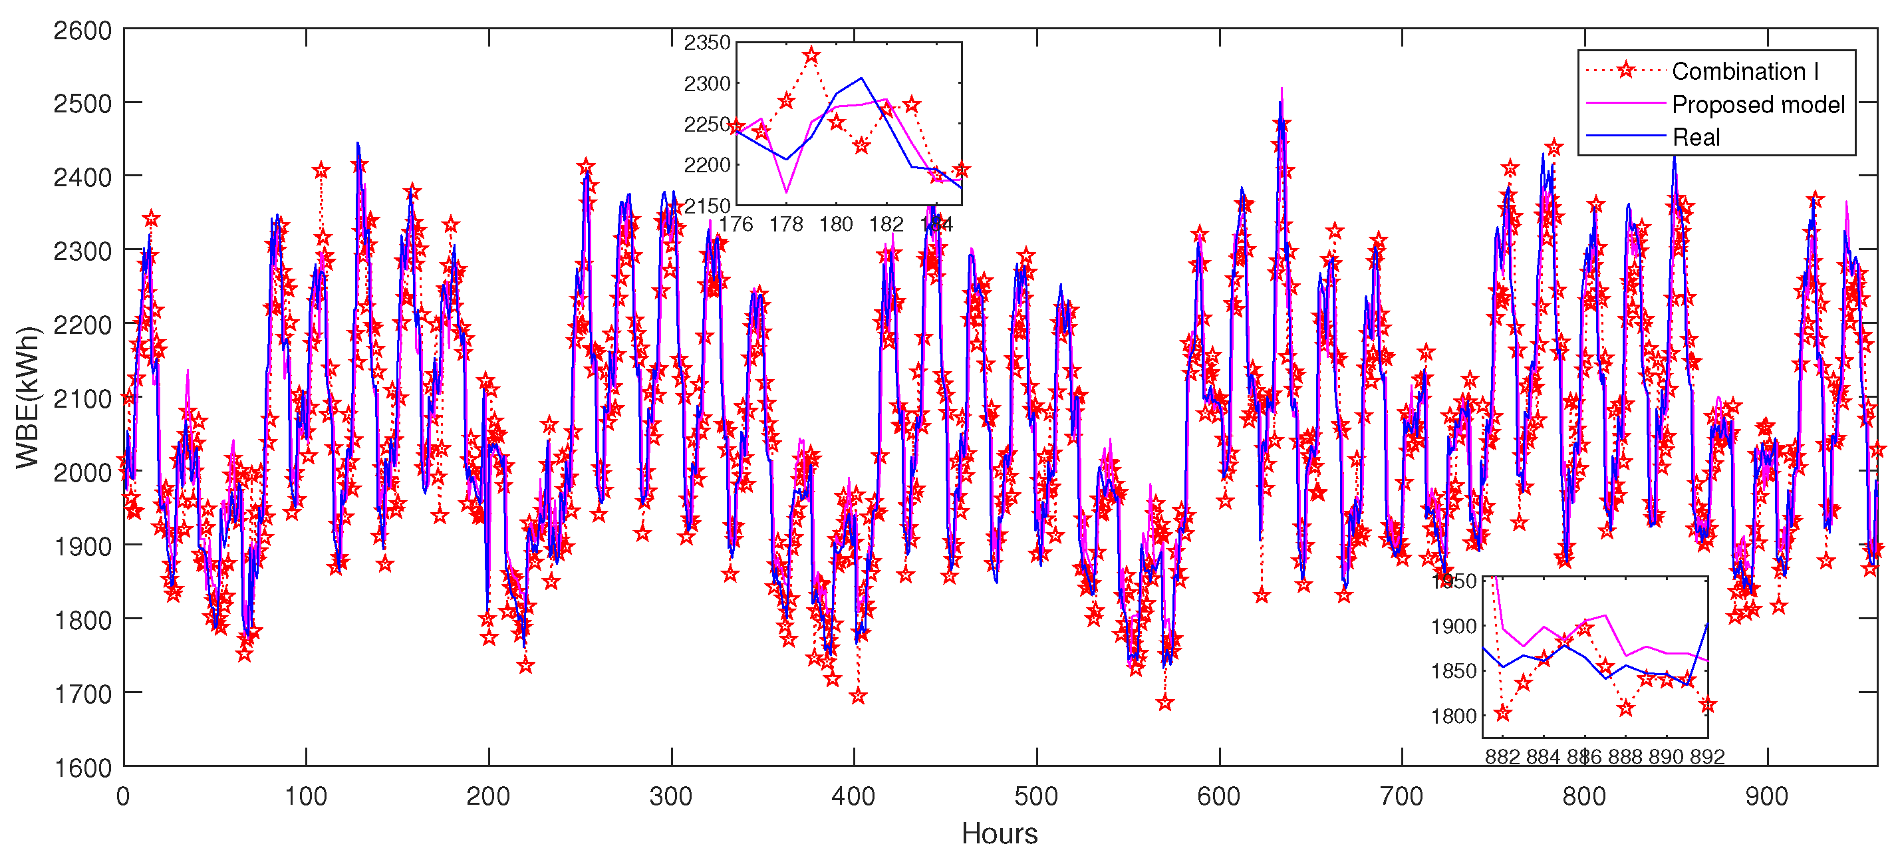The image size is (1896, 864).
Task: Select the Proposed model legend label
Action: [x=1758, y=104]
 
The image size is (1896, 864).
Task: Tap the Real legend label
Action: [x=1696, y=138]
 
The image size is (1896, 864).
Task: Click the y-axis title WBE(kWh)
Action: [x=27, y=397]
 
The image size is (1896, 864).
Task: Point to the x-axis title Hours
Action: [x=999, y=834]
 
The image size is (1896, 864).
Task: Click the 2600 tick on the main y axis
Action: [x=82, y=31]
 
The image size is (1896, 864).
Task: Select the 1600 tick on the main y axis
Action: [x=82, y=768]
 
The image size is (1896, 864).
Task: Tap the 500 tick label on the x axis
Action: [x=1036, y=796]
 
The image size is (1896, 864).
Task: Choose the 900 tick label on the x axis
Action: [x=1766, y=796]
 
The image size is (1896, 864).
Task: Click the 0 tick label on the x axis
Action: [x=124, y=796]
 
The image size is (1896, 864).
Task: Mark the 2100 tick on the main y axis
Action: [x=82, y=399]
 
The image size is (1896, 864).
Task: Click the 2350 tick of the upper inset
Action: [x=706, y=43]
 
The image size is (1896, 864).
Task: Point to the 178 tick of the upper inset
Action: [x=786, y=223]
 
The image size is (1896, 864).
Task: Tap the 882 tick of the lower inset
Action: [x=1502, y=756]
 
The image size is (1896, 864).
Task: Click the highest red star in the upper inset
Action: [x=811, y=56]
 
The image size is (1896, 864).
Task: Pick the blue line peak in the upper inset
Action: [x=861, y=78]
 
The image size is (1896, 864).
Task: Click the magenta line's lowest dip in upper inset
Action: [x=787, y=192]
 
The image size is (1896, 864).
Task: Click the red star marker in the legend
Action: [x=1627, y=71]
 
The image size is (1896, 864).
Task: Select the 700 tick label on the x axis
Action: [x=1401, y=796]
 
